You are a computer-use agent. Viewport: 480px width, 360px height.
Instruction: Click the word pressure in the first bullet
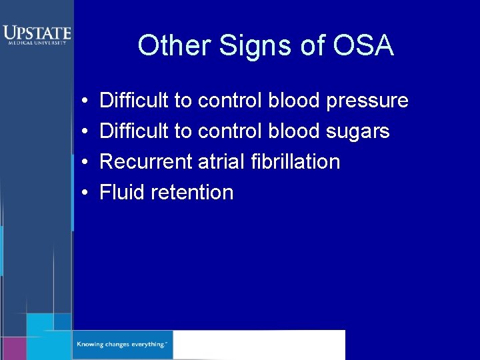[x=367, y=101]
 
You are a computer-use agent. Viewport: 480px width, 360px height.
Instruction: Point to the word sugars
[x=358, y=132]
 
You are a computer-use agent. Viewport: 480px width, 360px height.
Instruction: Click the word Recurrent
[x=146, y=162]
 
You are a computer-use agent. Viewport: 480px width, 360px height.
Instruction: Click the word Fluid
[x=123, y=193]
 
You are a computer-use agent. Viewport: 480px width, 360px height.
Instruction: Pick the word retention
[x=193, y=193]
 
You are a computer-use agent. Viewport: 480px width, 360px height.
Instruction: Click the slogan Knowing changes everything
[x=121, y=345]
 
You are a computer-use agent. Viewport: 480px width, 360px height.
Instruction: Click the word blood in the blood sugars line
[x=294, y=131]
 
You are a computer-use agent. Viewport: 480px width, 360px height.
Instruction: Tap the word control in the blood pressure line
[x=230, y=101]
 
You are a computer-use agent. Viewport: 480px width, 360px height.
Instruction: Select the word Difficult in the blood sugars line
[x=134, y=131]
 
